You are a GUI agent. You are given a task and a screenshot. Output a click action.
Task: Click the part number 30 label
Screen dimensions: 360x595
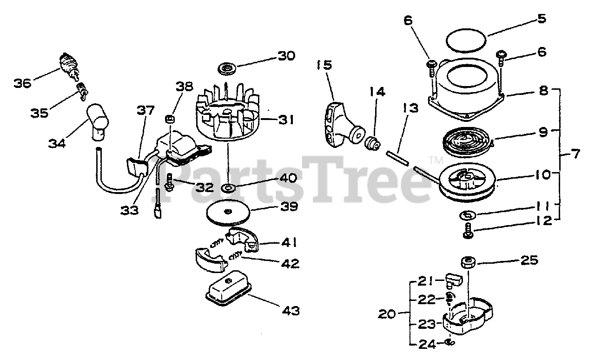coord(286,56)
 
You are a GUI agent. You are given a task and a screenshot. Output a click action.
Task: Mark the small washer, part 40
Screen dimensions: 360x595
coord(228,188)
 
